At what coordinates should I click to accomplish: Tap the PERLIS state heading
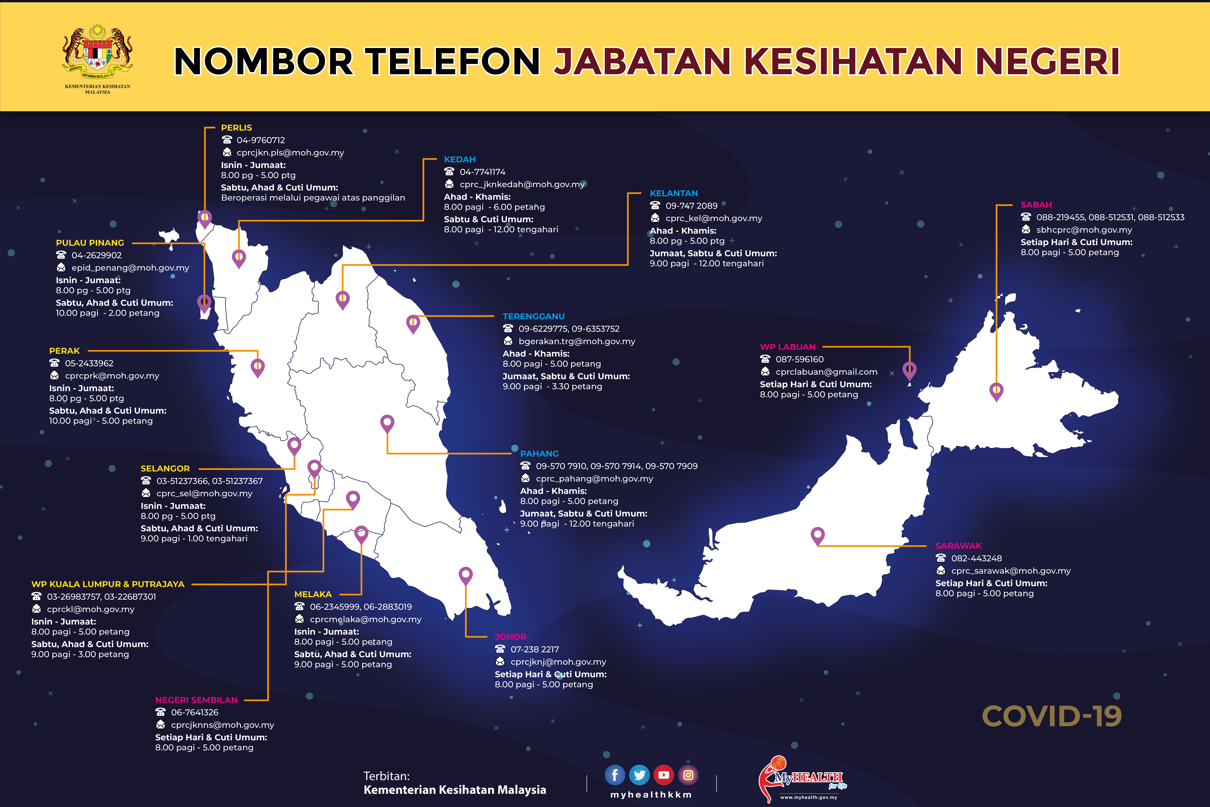pyautogui.click(x=236, y=128)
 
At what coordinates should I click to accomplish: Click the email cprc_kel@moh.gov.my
pyautogui.click(x=713, y=218)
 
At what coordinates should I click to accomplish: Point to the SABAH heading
pyautogui.click(x=1036, y=205)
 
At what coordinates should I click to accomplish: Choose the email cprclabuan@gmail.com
pyautogui.click(x=826, y=372)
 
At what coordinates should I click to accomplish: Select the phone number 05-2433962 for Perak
pyautogui.click(x=89, y=363)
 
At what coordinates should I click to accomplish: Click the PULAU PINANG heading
pyautogui.click(x=90, y=243)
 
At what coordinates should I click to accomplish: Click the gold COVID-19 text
pyautogui.click(x=1051, y=716)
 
